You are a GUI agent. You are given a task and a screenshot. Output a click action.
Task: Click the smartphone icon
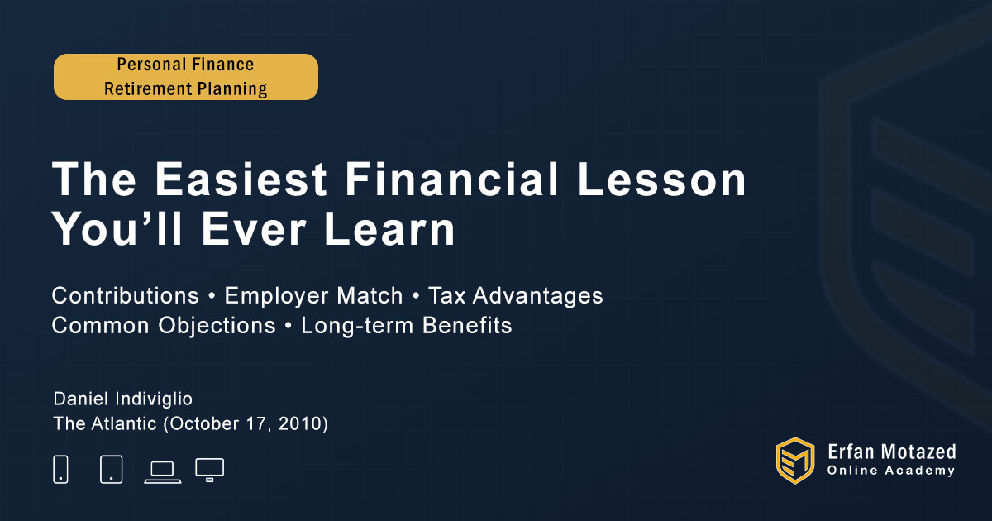tap(60, 469)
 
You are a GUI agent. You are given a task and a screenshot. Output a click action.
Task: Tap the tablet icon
tap(112, 469)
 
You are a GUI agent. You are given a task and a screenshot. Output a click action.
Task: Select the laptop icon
tap(163, 472)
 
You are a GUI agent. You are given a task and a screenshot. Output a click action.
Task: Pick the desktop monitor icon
tap(209, 470)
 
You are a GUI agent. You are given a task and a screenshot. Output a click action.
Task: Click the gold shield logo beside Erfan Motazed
tap(795, 461)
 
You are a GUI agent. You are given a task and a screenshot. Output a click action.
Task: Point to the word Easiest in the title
tap(241, 179)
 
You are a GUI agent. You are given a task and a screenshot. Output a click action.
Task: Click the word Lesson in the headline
tap(662, 179)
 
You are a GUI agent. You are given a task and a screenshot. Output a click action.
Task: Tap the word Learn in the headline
tap(389, 229)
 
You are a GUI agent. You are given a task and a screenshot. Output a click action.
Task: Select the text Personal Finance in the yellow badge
tap(185, 65)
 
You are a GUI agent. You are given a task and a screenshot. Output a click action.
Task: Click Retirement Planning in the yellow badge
tap(185, 89)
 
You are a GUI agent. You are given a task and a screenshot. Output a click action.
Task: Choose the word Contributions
tap(126, 295)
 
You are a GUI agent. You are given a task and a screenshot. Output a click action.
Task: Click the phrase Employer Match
tap(313, 296)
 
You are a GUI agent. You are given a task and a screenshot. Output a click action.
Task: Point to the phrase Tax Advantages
tap(516, 296)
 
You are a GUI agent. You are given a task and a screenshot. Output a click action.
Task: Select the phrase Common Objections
tap(164, 326)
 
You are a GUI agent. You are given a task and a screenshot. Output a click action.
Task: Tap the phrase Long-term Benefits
tap(406, 326)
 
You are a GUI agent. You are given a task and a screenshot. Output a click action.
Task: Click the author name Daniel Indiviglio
tap(122, 399)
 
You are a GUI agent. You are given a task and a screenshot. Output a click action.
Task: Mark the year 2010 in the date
tap(300, 424)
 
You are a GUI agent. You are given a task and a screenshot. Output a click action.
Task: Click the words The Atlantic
tap(105, 424)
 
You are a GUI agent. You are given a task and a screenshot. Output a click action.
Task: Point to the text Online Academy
tap(891, 471)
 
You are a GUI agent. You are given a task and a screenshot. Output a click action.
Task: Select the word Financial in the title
tap(452, 179)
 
